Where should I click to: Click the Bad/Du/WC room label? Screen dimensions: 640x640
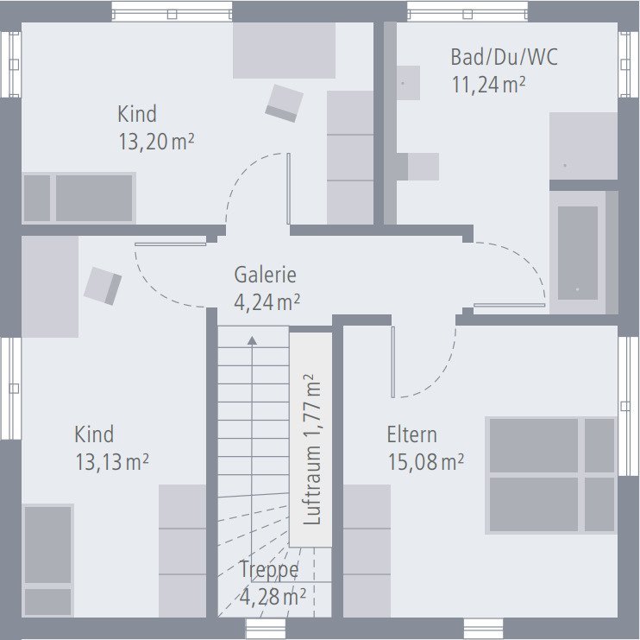pyautogui.click(x=504, y=58)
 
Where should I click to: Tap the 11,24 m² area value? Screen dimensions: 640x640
pyautogui.click(x=489, y=85)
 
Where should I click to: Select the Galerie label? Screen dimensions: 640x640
pyautogui.click(x=265, y=276)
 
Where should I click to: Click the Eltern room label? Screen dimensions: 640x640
pyautogui.click(x=411, y=435)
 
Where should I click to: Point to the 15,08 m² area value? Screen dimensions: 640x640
pyautogui.click(x=425, y=462)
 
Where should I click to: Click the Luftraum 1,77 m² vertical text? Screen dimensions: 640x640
pyautogui.click(x=311, y=449)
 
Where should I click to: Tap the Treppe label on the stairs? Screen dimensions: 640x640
pyautogui.click(x=269, y=570)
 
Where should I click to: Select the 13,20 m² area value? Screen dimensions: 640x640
pyautogui.click(x=155, y=142)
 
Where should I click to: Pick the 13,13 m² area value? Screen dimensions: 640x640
pyautogui.click(x=112, y=462)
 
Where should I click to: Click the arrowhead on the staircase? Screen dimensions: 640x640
pyautogui.click(x=252, y=340)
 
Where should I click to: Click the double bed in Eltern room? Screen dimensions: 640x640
pyautogui.click(x=550, y=474)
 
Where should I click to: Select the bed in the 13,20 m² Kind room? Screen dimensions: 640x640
pyautogui.click(x=78, y=198)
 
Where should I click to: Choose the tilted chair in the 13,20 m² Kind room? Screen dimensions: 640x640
pyautogui.click(x=283, y=102)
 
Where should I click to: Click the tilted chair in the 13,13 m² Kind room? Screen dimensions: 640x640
pyautogui.click(x=103, y=285)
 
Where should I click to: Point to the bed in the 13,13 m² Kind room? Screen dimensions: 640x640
pyautogui.click(x=47, y=559)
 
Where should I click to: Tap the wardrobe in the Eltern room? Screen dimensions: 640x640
pyautogui.click(x=367, y=550)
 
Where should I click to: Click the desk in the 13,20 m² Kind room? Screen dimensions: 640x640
pyautogui.click(x=284, y=50)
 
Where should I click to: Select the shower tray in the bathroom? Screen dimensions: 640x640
pyautogui.click(x=583, y=146)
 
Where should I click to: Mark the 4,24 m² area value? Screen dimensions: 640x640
pyautogui.click(x=267, y=302)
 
